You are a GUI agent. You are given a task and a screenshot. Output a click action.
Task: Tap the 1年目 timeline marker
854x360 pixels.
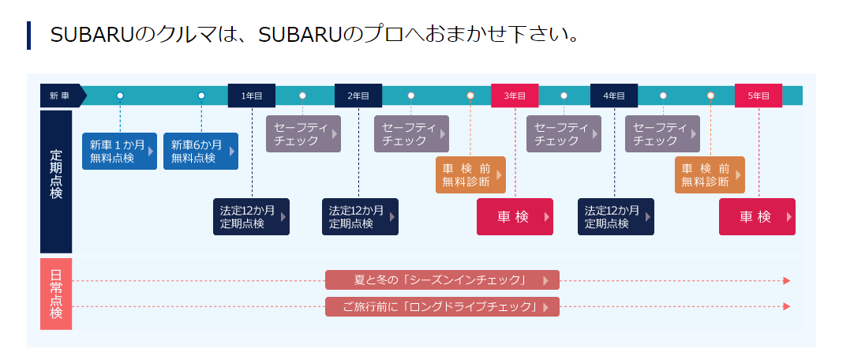click(252, 96)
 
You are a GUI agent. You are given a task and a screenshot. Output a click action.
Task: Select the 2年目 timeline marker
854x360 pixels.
click(358, 96)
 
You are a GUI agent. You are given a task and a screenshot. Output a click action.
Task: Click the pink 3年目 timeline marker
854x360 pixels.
click(515, 96)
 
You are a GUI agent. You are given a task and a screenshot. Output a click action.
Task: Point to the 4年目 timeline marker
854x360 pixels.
click(614, 96)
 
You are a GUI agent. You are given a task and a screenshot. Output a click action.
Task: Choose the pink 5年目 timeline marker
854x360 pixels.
click(758, 96)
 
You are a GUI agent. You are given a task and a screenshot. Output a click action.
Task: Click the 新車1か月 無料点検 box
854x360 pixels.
click(119, 152)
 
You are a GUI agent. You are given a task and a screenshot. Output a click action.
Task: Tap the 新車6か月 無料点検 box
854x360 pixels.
click(200, 152)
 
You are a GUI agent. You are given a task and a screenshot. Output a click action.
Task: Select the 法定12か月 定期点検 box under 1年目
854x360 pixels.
click(252, 217)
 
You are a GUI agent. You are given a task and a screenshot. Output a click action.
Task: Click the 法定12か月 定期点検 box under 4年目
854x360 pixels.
click(616, 217)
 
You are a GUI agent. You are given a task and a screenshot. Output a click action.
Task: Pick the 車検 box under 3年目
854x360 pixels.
click(515, 217)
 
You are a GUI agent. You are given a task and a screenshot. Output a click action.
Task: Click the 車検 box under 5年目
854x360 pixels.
click(757, 217)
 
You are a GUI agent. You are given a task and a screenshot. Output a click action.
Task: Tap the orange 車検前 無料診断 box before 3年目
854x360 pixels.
click(470, 175)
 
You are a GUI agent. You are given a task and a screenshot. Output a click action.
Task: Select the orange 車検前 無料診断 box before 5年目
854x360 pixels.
click(710, 175)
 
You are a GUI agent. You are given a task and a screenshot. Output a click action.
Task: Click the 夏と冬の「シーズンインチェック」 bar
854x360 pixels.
click(442, 280)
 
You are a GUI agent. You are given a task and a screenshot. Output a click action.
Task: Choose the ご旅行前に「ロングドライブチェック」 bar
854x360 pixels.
click(442, 306)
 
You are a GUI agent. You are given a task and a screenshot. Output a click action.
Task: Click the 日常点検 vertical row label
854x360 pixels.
click(56, 294)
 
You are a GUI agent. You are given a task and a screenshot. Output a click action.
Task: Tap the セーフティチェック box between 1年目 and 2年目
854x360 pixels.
click(303, 134)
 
